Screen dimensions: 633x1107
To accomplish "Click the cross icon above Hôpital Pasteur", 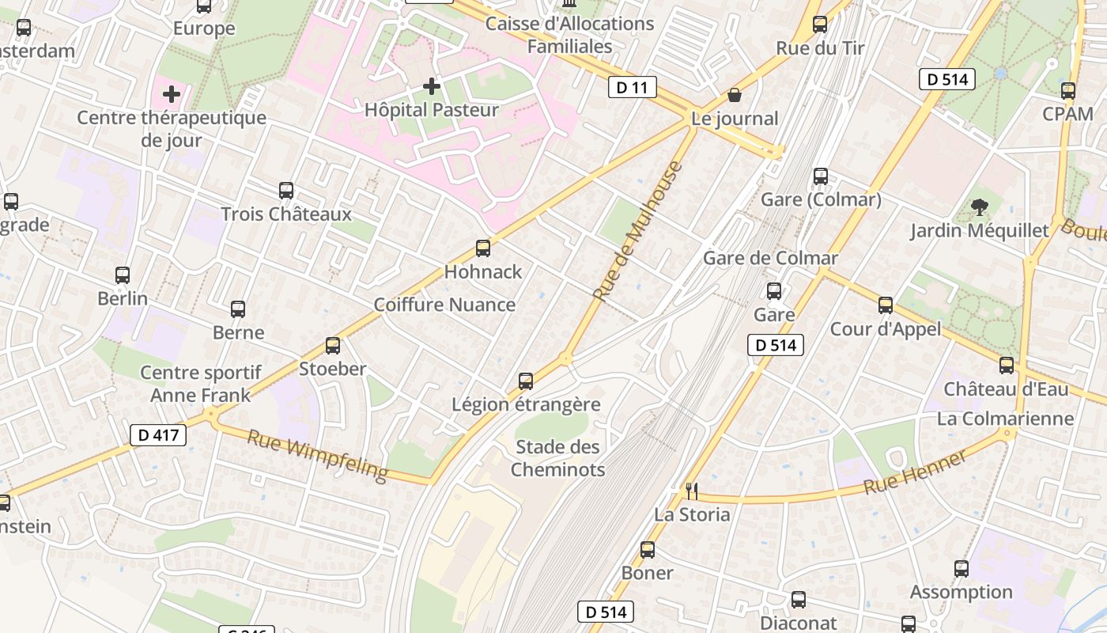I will [432, 85].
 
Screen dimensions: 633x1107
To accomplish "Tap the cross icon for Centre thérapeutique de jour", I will [172, 95].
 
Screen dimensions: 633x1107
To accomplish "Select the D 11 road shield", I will [633, 87].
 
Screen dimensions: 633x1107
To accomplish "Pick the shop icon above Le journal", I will [735, 96].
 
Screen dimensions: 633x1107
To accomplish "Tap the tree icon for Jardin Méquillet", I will [980, 208].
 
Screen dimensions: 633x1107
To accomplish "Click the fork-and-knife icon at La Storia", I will [691, 491].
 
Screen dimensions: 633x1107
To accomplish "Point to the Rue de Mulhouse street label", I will [637, 231].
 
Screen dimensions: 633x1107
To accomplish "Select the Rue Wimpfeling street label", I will [318, 456].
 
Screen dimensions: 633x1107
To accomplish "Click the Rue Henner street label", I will [916, 472].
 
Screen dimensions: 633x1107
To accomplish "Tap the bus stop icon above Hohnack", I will [483, 248].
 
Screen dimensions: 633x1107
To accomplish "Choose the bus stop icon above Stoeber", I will [333, 346].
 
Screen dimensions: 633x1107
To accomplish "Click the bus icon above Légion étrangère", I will [526, 381].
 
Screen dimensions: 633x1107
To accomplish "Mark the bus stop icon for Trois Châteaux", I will [286, 191].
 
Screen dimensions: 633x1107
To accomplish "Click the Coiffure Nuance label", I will [444, 305].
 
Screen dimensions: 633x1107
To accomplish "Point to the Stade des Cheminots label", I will [557, 458].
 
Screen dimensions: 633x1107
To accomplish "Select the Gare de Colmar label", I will [770, 258].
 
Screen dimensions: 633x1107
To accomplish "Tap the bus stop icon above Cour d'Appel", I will [886, 305].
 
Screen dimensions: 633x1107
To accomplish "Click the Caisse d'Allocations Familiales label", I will [569, 35].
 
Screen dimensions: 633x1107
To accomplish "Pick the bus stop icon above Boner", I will [648, 550].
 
